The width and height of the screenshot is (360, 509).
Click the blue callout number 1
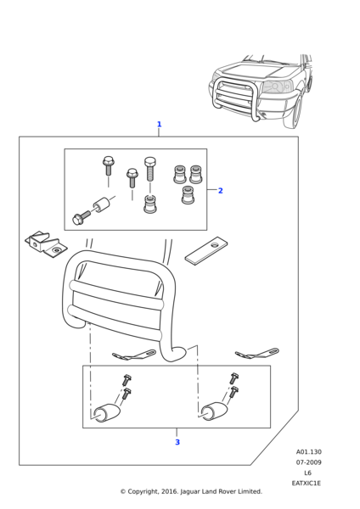tap(159, 125)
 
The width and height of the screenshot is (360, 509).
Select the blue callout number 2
tap(220, 191)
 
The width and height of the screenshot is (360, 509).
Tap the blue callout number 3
tap(177, 442)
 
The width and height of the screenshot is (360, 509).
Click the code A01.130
tap(309, 452)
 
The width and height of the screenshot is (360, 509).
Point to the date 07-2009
tap(309, 462)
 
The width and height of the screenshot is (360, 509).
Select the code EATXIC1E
tap(306, 483)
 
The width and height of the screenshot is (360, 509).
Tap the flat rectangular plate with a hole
tap(206, 250)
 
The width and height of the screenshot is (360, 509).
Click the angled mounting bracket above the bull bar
tap(46, 245)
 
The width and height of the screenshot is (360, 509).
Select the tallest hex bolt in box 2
tap(149, 169)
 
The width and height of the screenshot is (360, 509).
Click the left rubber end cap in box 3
tap(107, 413)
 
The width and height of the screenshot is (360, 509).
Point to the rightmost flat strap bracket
tap(257, 354)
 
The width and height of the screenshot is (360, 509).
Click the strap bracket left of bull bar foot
tap(134, 355)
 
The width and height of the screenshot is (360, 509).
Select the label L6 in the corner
tap(307, 473)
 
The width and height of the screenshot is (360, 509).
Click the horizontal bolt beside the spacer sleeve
tap(82, 217)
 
